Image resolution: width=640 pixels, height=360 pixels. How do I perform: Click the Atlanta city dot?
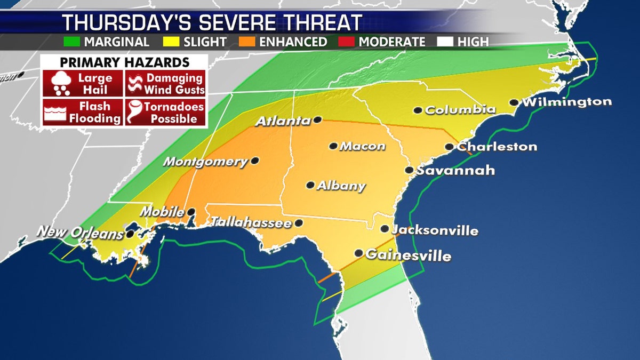coord(317,120)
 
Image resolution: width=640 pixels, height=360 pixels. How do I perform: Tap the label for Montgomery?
coord(206,162)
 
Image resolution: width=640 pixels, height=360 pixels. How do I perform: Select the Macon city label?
coord(362,146)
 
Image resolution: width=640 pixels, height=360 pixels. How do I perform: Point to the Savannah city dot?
coord(409,171)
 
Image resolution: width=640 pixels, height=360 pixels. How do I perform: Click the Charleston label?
coord(497,147)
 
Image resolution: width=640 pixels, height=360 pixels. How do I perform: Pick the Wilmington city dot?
coord(514,102)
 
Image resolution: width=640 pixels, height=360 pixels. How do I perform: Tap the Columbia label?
coord(460,110)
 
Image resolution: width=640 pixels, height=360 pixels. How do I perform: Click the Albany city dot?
coord(310,185)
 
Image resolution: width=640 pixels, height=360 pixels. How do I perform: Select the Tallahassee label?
coord(251,222)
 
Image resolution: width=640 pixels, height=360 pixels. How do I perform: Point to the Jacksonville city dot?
coord(385,229)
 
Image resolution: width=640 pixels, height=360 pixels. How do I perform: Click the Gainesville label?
coord(408,255)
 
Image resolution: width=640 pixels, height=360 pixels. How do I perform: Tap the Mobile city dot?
coord(190,212)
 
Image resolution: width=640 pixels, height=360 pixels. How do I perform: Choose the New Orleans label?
coord(79,232)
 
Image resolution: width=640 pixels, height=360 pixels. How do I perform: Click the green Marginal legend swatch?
coord(73,42)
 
